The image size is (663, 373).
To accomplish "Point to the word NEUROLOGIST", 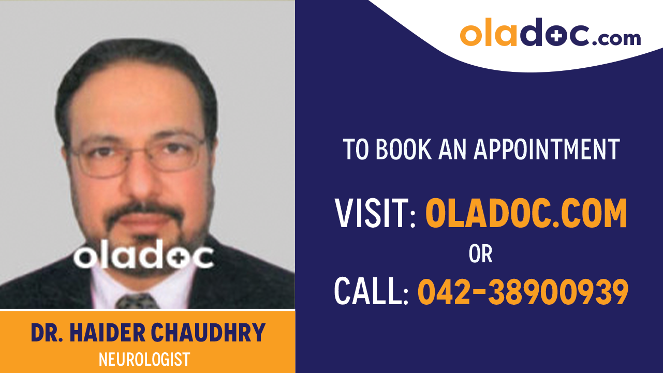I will point(144,359).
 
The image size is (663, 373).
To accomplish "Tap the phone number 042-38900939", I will point(523,291).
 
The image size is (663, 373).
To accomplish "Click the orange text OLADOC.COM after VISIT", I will point(526,213).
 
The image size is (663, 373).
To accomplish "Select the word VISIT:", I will point(375,213).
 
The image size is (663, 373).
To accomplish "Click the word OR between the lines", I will point(480,253).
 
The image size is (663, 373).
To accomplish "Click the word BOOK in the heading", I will point(403,149).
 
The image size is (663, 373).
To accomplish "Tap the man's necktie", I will point(136,301).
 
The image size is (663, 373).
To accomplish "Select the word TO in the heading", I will point(357,149).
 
